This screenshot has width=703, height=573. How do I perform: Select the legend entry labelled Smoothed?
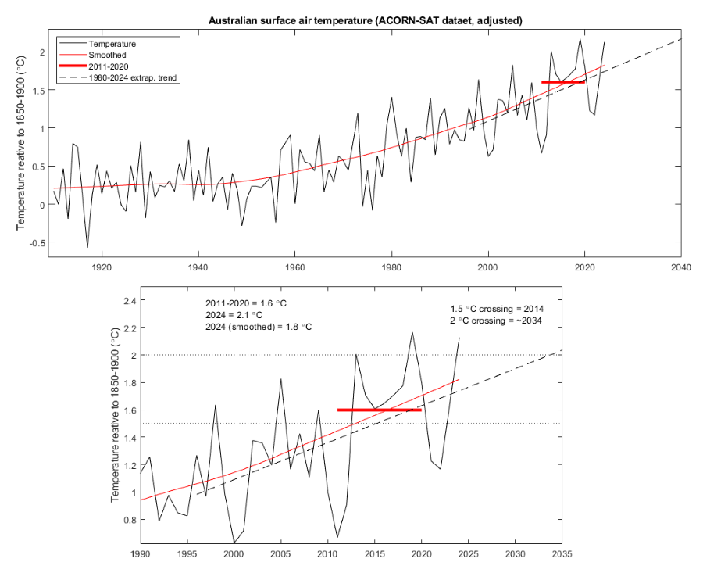(107, 56)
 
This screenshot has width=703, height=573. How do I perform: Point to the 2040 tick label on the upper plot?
(681, 267)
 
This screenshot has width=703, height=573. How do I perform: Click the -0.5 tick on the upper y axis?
(37, 242)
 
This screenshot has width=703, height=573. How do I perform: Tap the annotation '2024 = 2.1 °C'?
(230, 313)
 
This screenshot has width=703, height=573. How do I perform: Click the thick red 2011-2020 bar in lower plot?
(380, 410)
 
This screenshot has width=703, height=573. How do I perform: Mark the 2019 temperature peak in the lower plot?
(412, 332)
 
